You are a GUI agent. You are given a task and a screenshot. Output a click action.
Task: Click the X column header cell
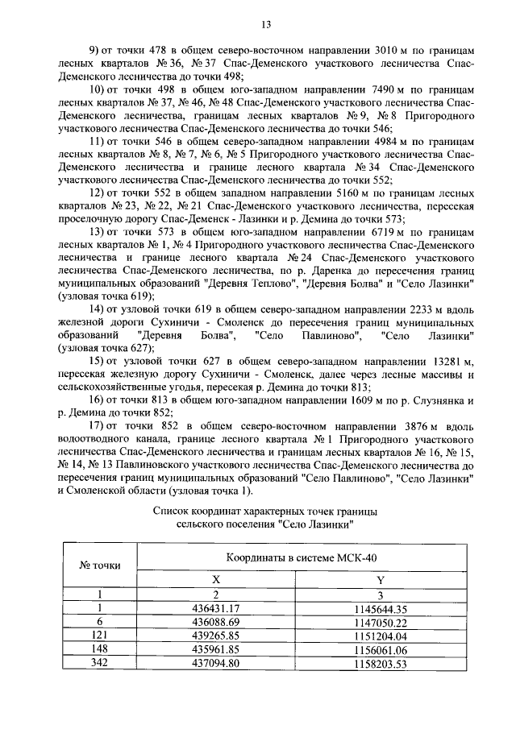coord(215,579)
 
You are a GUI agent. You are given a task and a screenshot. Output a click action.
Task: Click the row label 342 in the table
coord(99,663)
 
